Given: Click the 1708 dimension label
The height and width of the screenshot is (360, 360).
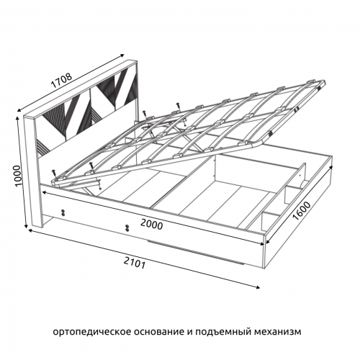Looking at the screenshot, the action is pyautogui.click(x=61, y=81).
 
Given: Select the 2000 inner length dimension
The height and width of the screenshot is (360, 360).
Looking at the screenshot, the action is pyautogui.click(x=152, y=225).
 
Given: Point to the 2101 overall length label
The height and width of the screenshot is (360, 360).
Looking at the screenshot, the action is pyautogui.click(x=135, y=263).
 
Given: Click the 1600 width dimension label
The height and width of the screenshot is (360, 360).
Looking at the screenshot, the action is pyautogui.click(x=302, y=211).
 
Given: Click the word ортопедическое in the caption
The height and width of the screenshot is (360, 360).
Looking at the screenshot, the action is pyautogui.click(x=92, y=333).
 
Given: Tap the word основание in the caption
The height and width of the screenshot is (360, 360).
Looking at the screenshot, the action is pyautogui.click(x=159, y=332).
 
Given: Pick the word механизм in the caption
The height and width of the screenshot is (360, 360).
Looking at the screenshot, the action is pyautogui.click(x=277, y=332).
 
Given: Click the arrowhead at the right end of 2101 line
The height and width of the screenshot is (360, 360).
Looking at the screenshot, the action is pyautogui.click(x=258, y=287).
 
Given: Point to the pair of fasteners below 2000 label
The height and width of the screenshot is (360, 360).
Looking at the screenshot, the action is pyautogui.click(x=127, y=228).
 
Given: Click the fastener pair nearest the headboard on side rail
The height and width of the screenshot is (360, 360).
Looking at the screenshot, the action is pyautogui.click(x=63, y=212).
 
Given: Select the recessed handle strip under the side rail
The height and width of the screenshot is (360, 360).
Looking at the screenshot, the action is pyautogui.click(x=195, y=251).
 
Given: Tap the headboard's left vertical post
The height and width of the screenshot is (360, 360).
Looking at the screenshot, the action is pyautogui.click(x=32, y=171).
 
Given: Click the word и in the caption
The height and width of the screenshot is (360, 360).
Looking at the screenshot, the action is pyautogui.click(x=189, y=332).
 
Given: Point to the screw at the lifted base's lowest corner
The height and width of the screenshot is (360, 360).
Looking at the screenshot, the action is pyautogui.click(x=53, y=174).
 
